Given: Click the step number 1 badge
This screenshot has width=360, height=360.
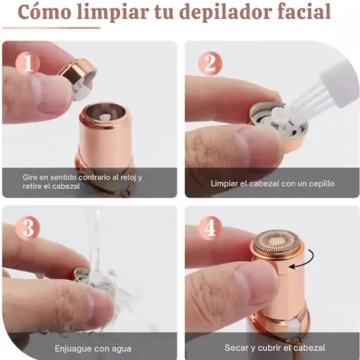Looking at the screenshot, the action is pos(28,63).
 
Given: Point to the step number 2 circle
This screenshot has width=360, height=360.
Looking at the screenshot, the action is pos(210,63).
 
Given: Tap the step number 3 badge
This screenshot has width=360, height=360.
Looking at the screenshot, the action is pos(28,228).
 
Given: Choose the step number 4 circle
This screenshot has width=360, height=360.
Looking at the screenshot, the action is pos(210,228).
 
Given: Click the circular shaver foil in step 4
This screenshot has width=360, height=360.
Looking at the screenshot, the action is pos(277,242).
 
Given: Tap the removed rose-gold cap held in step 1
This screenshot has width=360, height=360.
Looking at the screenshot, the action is pos(77,79).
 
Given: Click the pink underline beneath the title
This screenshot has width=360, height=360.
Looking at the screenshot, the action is pos(51,28).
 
